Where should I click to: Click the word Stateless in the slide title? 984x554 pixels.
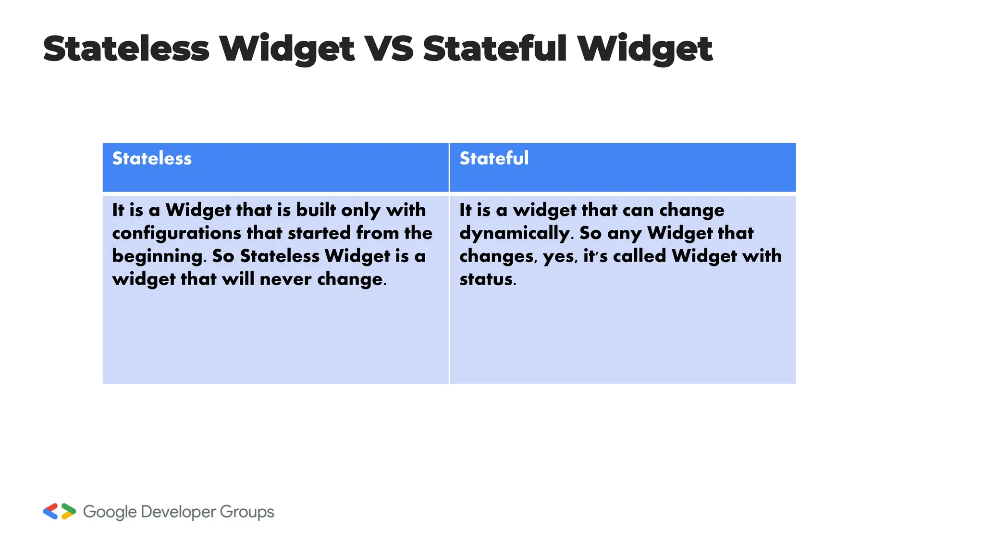[x=126, y=49]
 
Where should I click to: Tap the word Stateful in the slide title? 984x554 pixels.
[x=495, y=49]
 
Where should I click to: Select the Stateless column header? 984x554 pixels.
[x=152, y=159]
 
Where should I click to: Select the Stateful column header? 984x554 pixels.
[x=494, y=159]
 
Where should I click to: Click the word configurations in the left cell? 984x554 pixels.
[x=176, y=233]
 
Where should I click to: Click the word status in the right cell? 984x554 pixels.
[x=487, y=279]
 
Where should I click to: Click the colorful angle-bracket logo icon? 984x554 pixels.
[x=60, y=512]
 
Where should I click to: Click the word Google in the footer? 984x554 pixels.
[x=110, y=512]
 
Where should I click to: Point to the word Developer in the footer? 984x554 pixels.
[x=178, y=512]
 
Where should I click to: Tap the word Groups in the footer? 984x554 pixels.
[x=247, y=512]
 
